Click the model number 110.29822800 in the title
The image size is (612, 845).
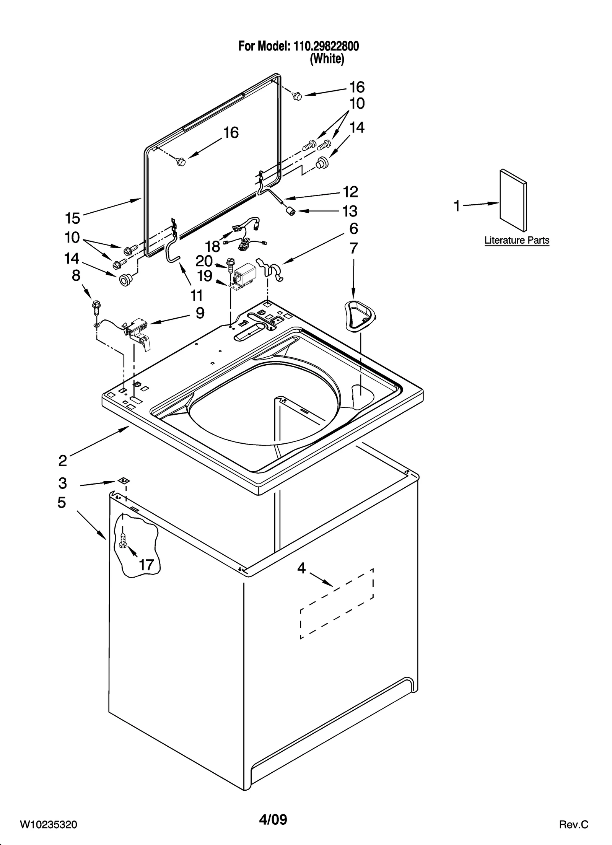(326, 46)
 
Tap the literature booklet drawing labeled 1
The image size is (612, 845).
(513, 201)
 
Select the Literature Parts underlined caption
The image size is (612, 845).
(516, 241)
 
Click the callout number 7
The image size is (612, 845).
(353, 248)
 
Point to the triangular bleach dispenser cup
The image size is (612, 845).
(359, 315)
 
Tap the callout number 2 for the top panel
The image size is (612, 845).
(63, 461)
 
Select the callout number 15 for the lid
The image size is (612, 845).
(73, 218)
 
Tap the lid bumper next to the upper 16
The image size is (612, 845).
(297, 96)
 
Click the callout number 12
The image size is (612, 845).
(350, 192)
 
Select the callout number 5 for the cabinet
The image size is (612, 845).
(62, 502)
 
